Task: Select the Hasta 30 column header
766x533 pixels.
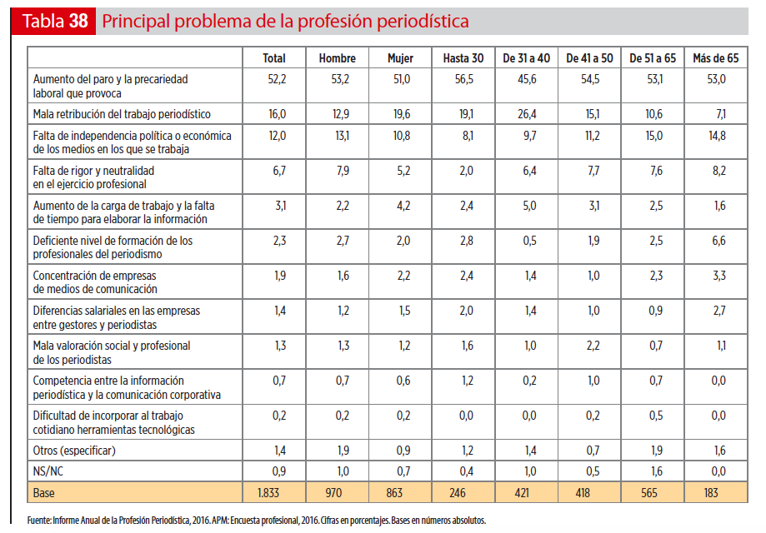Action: coord(463,58)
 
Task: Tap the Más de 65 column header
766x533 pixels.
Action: coord(715,58)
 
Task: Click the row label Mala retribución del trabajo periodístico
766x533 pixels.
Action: coord(122,114)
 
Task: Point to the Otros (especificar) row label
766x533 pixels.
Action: coord(74,451)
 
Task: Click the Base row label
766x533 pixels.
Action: coord(44,494)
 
